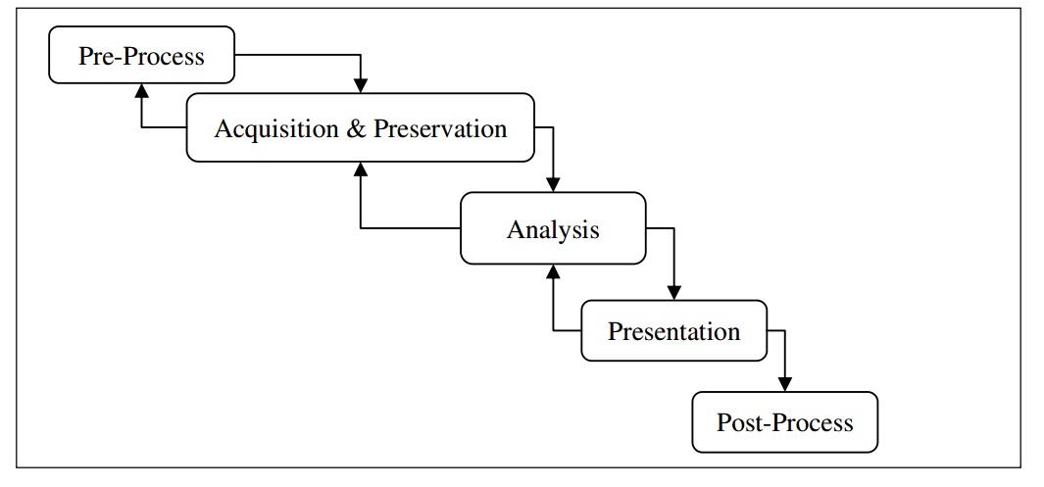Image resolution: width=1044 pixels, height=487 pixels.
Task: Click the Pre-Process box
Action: (141, 55)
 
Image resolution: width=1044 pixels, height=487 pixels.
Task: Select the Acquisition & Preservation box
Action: (360, 127)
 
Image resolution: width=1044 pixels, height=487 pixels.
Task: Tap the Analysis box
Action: (553, 228)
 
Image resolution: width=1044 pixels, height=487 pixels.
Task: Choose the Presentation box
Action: (673, 331)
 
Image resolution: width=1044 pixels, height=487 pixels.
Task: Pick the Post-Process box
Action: (784, 422)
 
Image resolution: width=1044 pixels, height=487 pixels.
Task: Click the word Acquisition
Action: (276, 128)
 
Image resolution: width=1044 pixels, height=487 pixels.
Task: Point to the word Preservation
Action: (440, 128)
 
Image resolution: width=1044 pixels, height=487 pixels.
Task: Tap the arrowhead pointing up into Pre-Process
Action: (141, 91)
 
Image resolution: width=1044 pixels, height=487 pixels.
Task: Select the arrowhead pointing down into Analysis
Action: (553, 184)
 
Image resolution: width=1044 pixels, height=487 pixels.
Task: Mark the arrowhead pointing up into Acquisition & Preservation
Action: (361, 169)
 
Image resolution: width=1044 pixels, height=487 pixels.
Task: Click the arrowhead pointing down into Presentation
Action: (673, 292)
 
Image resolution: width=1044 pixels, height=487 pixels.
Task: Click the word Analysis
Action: (553, 229)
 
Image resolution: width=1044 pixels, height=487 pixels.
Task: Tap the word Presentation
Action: (673, 331)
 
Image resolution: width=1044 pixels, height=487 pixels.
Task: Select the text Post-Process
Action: (784, 422)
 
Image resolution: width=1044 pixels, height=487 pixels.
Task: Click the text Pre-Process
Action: (141, 55)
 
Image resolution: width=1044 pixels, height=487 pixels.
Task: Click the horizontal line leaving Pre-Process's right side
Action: (294, 55)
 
